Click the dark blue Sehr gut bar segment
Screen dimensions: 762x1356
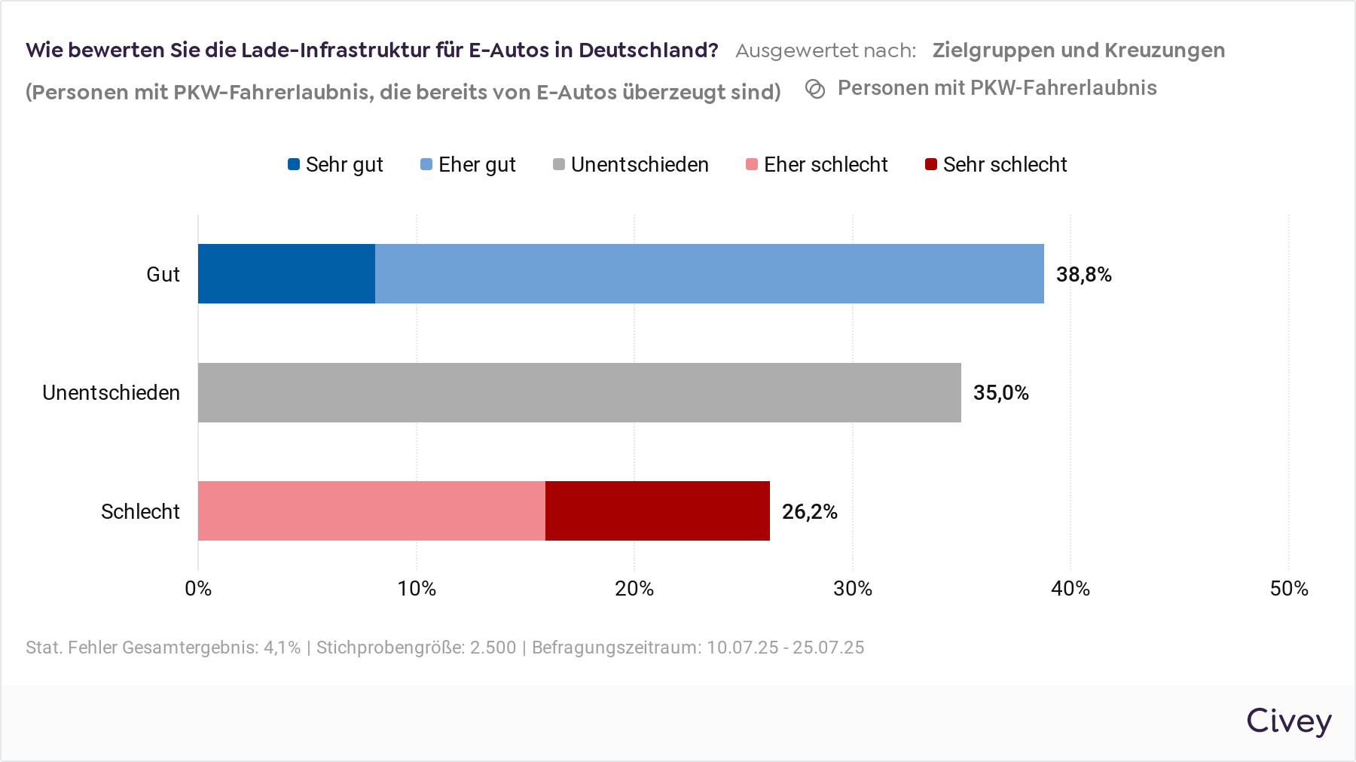click(286, 273)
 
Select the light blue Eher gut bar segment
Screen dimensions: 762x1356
click(709, 273)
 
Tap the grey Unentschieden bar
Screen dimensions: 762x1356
click(579, 392)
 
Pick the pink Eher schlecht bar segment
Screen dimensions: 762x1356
click(371, 511)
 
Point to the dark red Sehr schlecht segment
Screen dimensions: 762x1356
click(657, 511)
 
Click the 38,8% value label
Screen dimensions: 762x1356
click(1083, 275)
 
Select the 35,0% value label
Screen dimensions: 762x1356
click(1000, 393)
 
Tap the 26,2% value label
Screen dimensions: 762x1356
click(809, 512)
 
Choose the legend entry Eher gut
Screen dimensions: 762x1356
click(468, 165)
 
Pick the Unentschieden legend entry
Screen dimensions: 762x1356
click(631, 165)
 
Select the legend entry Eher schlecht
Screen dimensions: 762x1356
click(817, 165)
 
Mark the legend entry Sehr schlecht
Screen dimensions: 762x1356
click(996, 165)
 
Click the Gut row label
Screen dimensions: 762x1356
click(163, 274)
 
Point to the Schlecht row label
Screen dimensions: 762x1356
click(140, 512)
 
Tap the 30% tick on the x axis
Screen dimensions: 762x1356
click(852, 589)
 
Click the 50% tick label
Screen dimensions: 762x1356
click(1288, 589)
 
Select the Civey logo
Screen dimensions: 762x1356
click(1288, 721)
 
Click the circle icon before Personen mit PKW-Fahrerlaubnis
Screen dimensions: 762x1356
click(815, 89)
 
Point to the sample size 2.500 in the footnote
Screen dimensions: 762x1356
click(493, 648)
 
